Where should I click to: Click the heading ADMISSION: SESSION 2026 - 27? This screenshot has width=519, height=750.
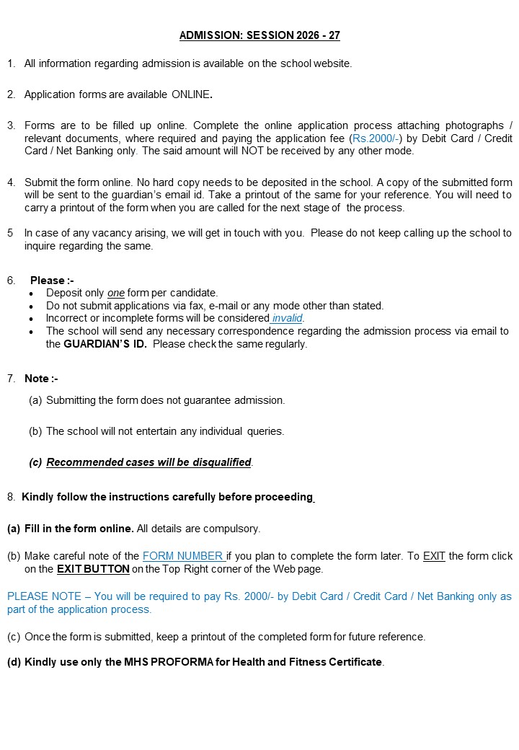click(x=259, y=35)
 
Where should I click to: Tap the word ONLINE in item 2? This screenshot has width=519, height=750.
click(x=191, y=94)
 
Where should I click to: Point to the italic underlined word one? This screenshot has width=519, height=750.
click(x=115, y=293)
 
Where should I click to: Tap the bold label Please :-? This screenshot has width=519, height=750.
click(x=52, y=281)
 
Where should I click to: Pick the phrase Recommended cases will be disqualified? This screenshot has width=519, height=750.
click(x=148, y=462)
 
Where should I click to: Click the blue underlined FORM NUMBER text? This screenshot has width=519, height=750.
click(x=183, y=556)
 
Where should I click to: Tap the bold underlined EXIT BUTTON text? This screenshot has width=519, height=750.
click(x=93, y=569)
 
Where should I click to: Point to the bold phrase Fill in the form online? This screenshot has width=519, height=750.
click(x=79, y=529)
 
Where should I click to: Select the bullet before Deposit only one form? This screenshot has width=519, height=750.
click(x=30, y=294)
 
